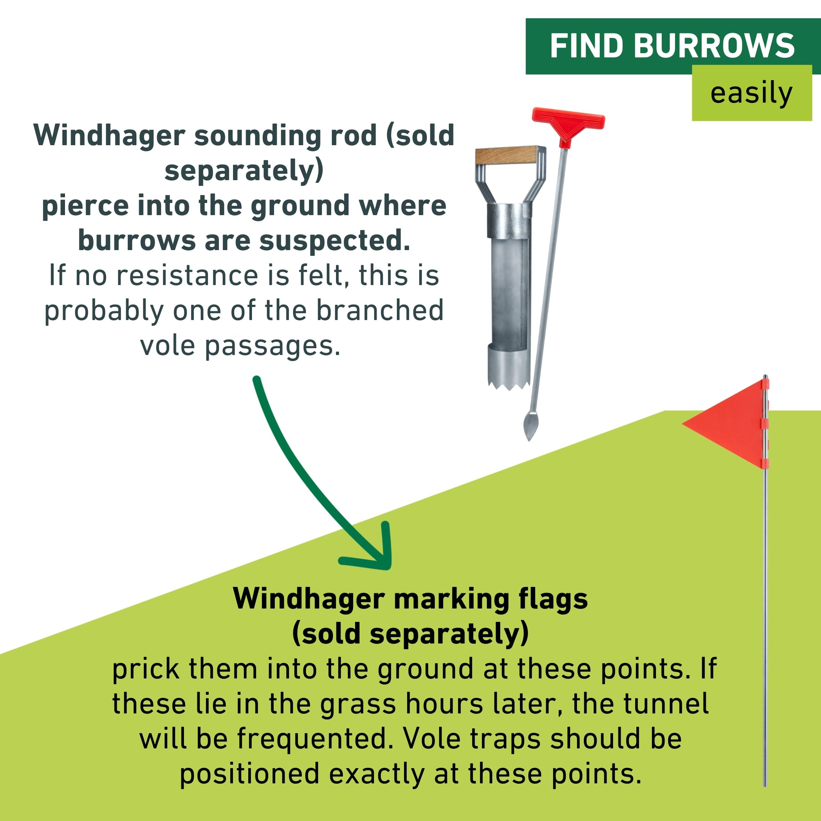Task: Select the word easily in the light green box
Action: point(751,94)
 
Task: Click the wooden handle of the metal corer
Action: point(506,155)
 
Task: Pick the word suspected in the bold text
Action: point(334,241)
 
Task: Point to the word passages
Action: point(273,346)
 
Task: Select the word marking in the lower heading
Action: point(451,600)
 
